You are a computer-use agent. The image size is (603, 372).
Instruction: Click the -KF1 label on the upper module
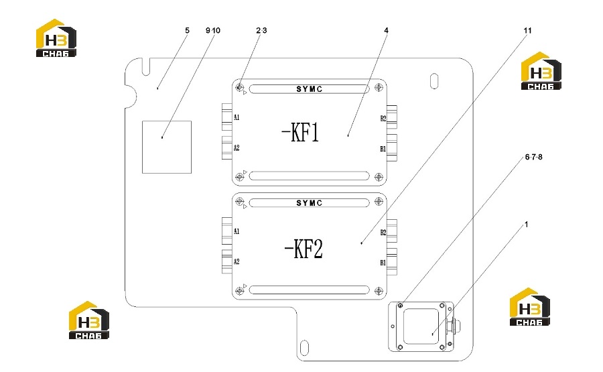[x=300, y=133]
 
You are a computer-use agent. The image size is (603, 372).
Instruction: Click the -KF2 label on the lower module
[x=304, y=249]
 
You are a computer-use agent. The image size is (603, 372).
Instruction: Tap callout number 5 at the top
[x=188, y=30]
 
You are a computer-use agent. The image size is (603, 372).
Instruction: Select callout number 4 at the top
[x=386, y=30]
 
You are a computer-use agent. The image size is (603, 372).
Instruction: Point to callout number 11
[x=528, y=30]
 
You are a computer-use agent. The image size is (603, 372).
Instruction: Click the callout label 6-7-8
[x=534, y=157]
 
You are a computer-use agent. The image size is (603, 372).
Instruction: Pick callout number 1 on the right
[x=527, y=225]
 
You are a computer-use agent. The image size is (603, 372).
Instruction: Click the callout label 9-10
[x=213, y=30]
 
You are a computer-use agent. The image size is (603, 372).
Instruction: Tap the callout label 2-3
[x=261, y=30]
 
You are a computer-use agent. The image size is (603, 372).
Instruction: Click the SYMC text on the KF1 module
[x=309, y=89]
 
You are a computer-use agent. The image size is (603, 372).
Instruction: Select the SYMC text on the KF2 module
[x=309, y=203]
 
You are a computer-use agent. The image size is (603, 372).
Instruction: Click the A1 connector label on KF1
[x=237, y=117]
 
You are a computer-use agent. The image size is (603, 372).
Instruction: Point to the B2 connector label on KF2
[x=383, y=233]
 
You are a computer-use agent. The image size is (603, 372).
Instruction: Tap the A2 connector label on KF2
[x=237, y=261]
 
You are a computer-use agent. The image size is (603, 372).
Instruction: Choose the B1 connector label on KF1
[x=383, y=149]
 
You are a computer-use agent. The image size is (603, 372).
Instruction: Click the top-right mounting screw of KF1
[x=379, y=88]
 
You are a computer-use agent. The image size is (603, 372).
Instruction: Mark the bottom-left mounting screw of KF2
[x=240, y=290]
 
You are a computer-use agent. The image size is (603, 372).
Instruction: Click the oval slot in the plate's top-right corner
[x=434, y=81]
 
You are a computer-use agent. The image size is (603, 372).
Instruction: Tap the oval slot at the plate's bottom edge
[x=304, y=347]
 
